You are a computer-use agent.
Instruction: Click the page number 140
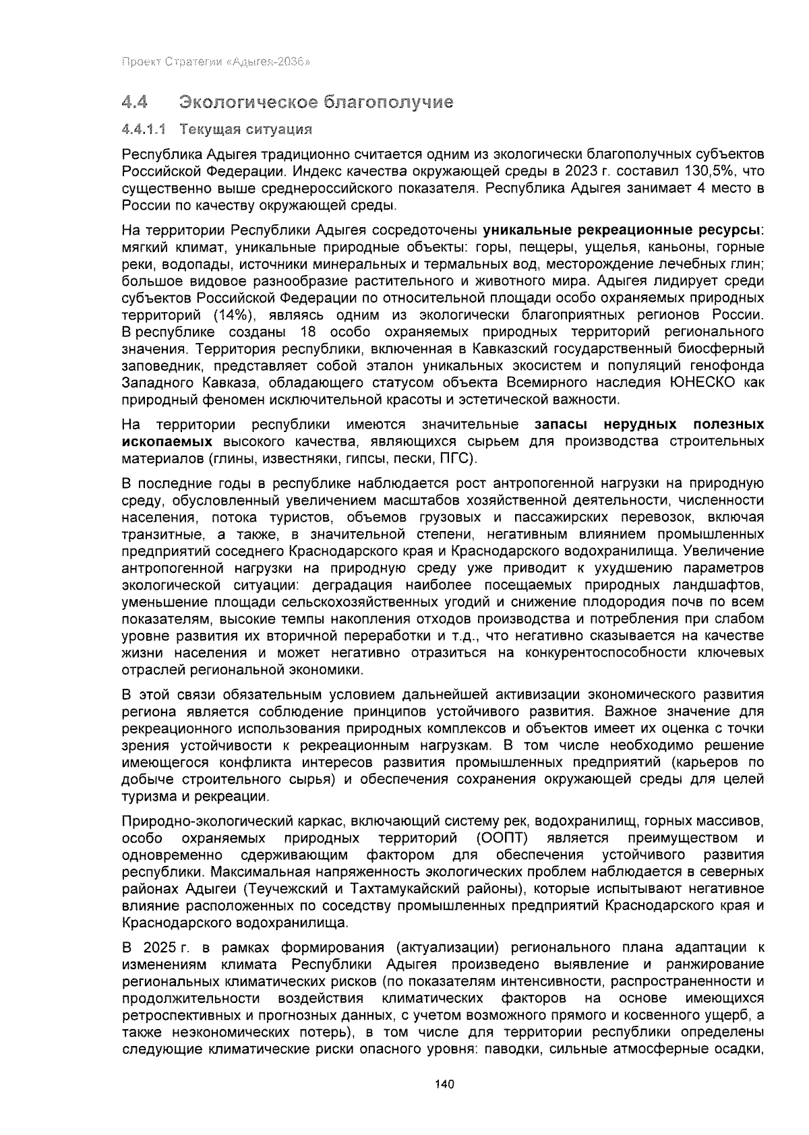445,1084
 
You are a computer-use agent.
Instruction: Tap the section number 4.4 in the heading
135,102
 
